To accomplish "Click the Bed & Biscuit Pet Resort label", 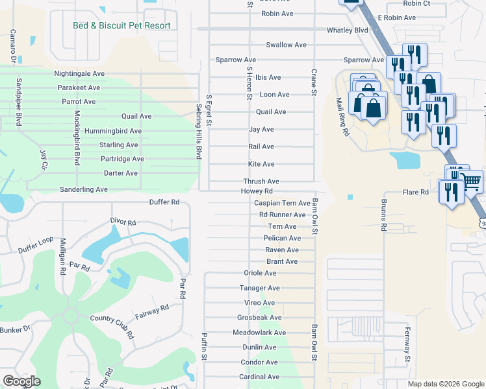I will point(122,26).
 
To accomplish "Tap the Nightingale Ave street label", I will point(80,74).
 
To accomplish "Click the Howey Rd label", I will point(257,191).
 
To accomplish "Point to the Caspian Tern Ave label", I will point(282,203).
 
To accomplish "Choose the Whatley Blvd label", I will point(348,30).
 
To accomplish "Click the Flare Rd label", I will point(416,193).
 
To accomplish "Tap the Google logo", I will point(21,381).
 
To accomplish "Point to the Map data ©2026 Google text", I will point(446,384).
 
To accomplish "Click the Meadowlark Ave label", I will point(259,333).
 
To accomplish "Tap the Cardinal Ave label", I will point(259,377).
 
